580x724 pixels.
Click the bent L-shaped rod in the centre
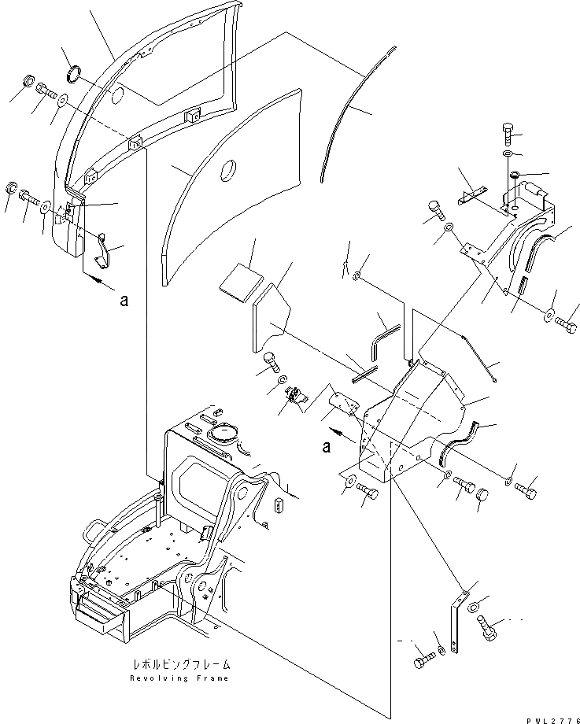click(x=384, y=335)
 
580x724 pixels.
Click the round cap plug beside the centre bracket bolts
click(x=483, y=496)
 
